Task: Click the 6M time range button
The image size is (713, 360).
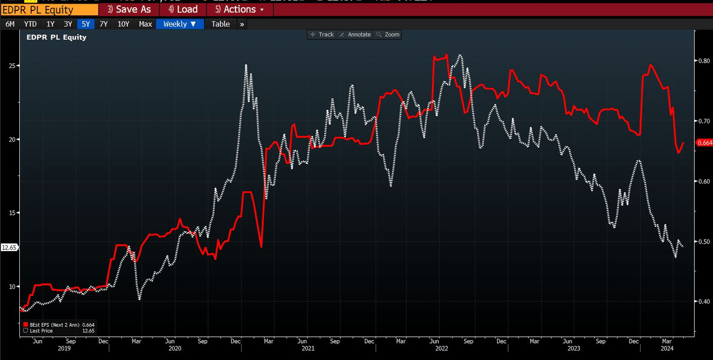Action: [x=10, y=24]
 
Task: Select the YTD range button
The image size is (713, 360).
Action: [x=30, y=24]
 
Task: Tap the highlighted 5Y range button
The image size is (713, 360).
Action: [x=86, y=24]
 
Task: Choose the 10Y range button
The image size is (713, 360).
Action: [x=123, y=24]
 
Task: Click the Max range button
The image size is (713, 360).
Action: [x=145, y=24]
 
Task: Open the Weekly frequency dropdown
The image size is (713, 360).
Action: [x=180, y=24]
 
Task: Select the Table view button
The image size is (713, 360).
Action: [x=220, y=24]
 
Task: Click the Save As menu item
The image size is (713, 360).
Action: [x=129, y=9]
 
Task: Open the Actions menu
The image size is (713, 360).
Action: [x=240, y=9]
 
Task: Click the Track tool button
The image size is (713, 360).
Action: [x=322, y=35]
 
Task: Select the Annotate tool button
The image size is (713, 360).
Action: [x=355, y=35]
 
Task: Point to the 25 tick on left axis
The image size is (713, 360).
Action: [x=13, y=65]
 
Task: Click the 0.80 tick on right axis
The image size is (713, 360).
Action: [x=704, y=61]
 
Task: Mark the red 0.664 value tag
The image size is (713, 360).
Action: [x=704, y=143]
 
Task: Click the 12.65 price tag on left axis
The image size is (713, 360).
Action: [x=9, y=248]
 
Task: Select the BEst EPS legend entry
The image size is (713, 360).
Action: [x=58, y=325]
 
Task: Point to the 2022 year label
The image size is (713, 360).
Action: [x=441, y=349]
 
